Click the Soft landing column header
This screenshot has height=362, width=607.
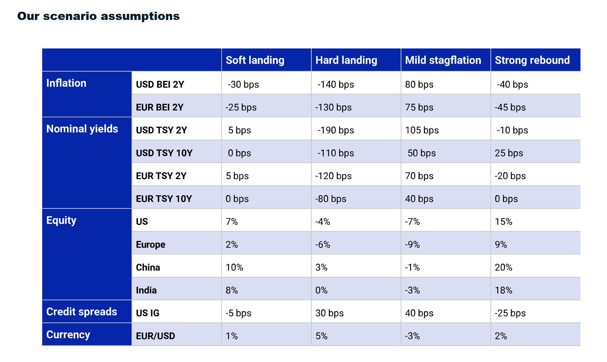coord(255,60)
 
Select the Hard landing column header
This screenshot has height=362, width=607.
coord(346,60)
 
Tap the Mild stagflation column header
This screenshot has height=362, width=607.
coord(443,60)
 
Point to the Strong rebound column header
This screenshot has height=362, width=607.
coord(532,60)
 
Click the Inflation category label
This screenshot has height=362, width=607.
coord(66,83)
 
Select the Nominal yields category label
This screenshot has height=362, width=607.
coord(82,129)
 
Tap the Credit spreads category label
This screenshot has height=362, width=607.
coord(82,312)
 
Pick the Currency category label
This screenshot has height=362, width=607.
coord(68,335)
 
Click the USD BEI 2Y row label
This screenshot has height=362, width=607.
coord(160,84)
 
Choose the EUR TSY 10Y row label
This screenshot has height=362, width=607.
coord(164,199)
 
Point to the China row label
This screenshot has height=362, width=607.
coord(148,268)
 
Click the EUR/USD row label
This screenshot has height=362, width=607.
coord(155,336)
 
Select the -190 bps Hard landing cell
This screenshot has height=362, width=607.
coord(336,130)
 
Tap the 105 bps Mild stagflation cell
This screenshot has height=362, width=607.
coord(422,130)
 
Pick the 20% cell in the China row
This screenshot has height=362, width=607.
coord(503,268)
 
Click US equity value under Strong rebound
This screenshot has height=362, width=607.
coord(503,222)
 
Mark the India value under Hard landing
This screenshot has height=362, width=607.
coord(321,290)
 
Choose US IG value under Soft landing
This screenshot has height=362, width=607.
coord(238,313)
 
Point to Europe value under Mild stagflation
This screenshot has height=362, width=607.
coord(412,245)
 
